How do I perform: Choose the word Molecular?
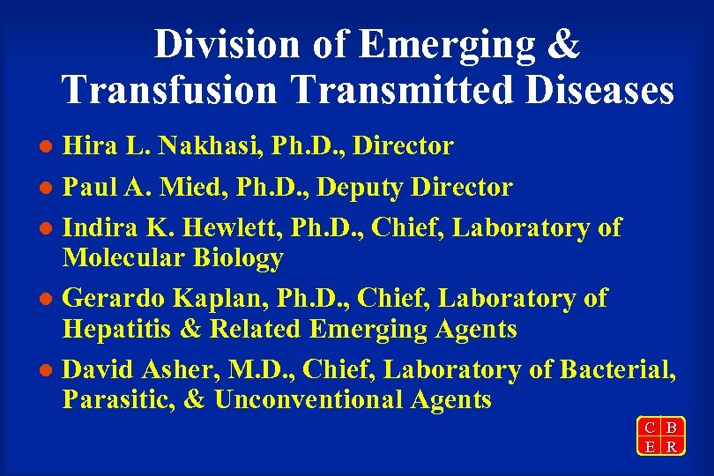123,258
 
